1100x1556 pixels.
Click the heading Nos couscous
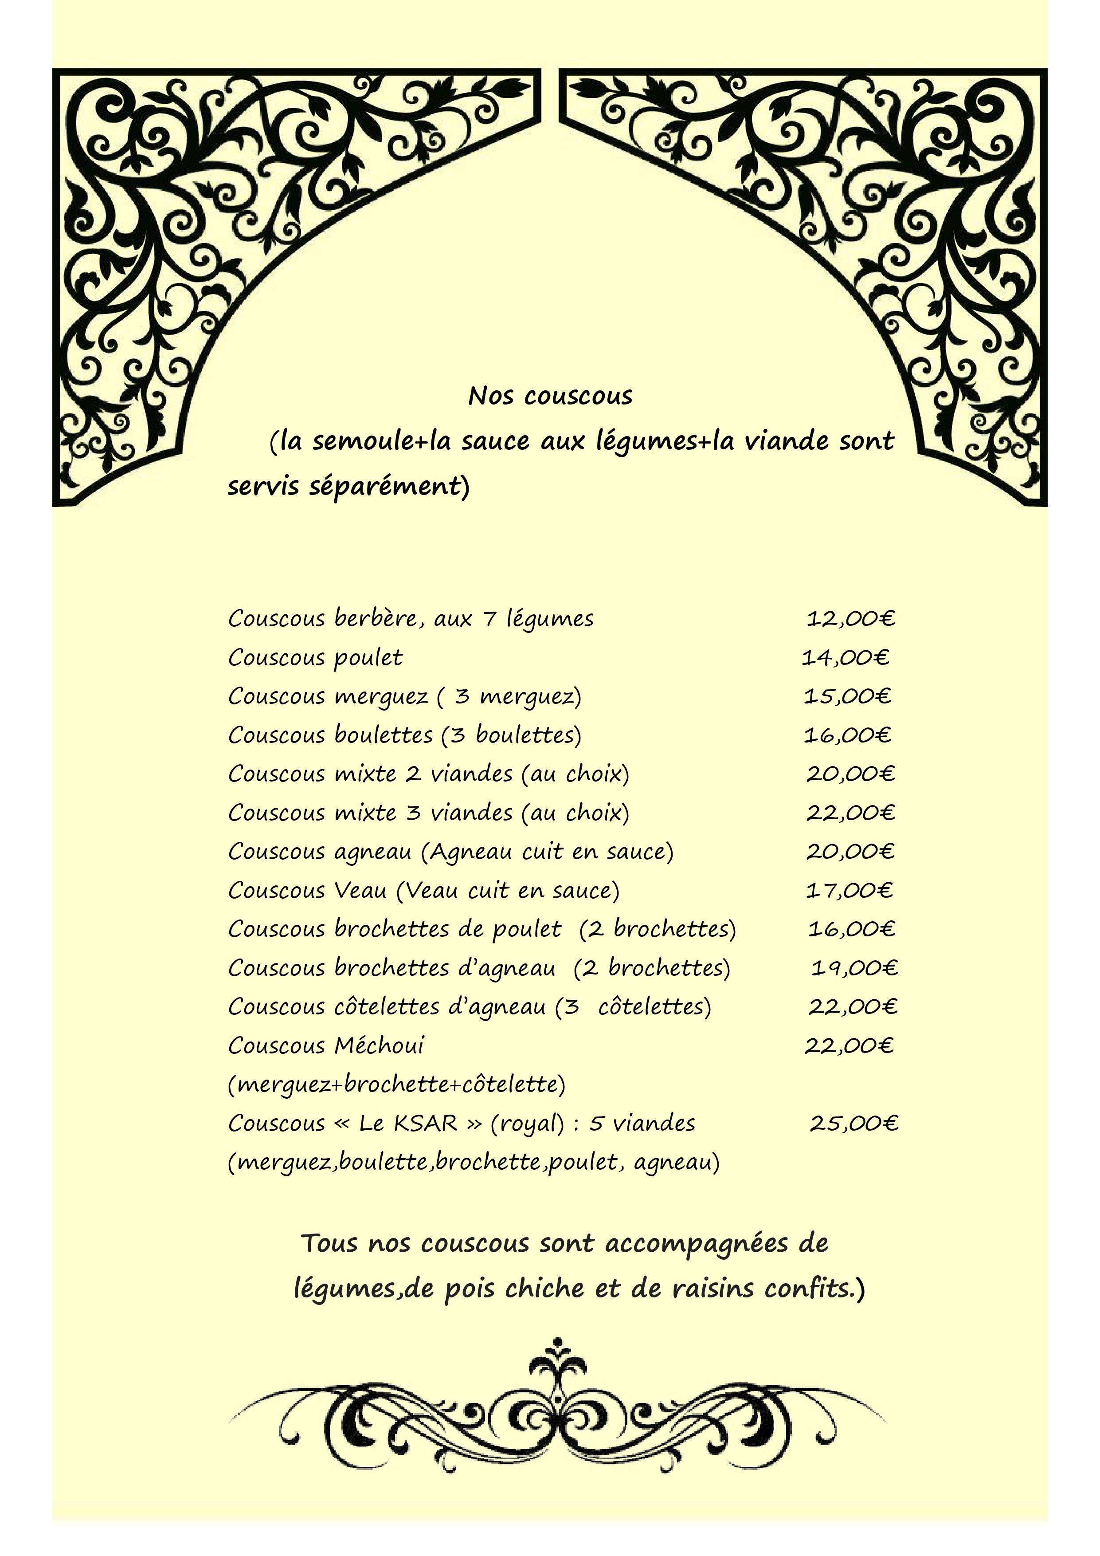tap(549, 397)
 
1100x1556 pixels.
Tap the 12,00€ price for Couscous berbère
tap(850, 619)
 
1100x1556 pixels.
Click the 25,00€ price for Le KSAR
tap(853, 1124)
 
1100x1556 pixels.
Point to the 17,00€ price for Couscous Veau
tap(849, 890)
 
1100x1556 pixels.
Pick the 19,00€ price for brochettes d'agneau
tap(854, 968)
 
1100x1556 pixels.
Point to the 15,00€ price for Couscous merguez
tap(847, 696)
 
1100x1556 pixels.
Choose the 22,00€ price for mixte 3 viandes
tap(850, 813)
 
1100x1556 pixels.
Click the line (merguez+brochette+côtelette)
tap(396, 1085)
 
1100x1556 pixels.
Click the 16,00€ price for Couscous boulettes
tap(847, 735)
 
